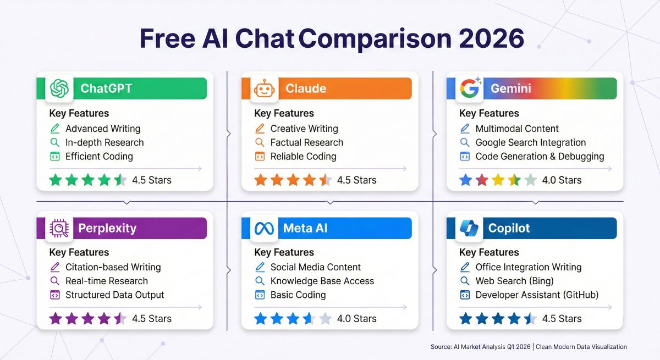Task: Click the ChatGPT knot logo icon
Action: click(x=59, y=88)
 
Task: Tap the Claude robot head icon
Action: click(x=264, y=88)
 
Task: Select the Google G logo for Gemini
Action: click(x=469, y=88)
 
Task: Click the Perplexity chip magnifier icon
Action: click(x=59, y=228)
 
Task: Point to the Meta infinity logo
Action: click(x=264, y=228)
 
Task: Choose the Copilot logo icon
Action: click(x=469, y=228)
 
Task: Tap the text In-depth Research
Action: click(x=105, y=142)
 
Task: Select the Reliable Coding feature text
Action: click(x=303, y=156)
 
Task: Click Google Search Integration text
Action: click(x=530, y=142)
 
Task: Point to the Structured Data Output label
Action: click(x=114, y=295)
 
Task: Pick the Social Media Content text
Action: click(x=315, y=267)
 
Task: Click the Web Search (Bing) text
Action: click(x=514, y=281)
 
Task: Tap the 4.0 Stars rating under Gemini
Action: click(x=562, y=180)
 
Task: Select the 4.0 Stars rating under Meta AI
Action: click(x=356, y=318)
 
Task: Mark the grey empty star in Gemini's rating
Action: click(x=530, y=180)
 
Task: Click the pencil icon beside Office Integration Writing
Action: click(x=465, y=267)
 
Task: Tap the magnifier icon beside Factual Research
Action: click(x=260, y=142)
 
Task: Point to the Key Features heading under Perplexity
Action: click(x=79, y=252)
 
